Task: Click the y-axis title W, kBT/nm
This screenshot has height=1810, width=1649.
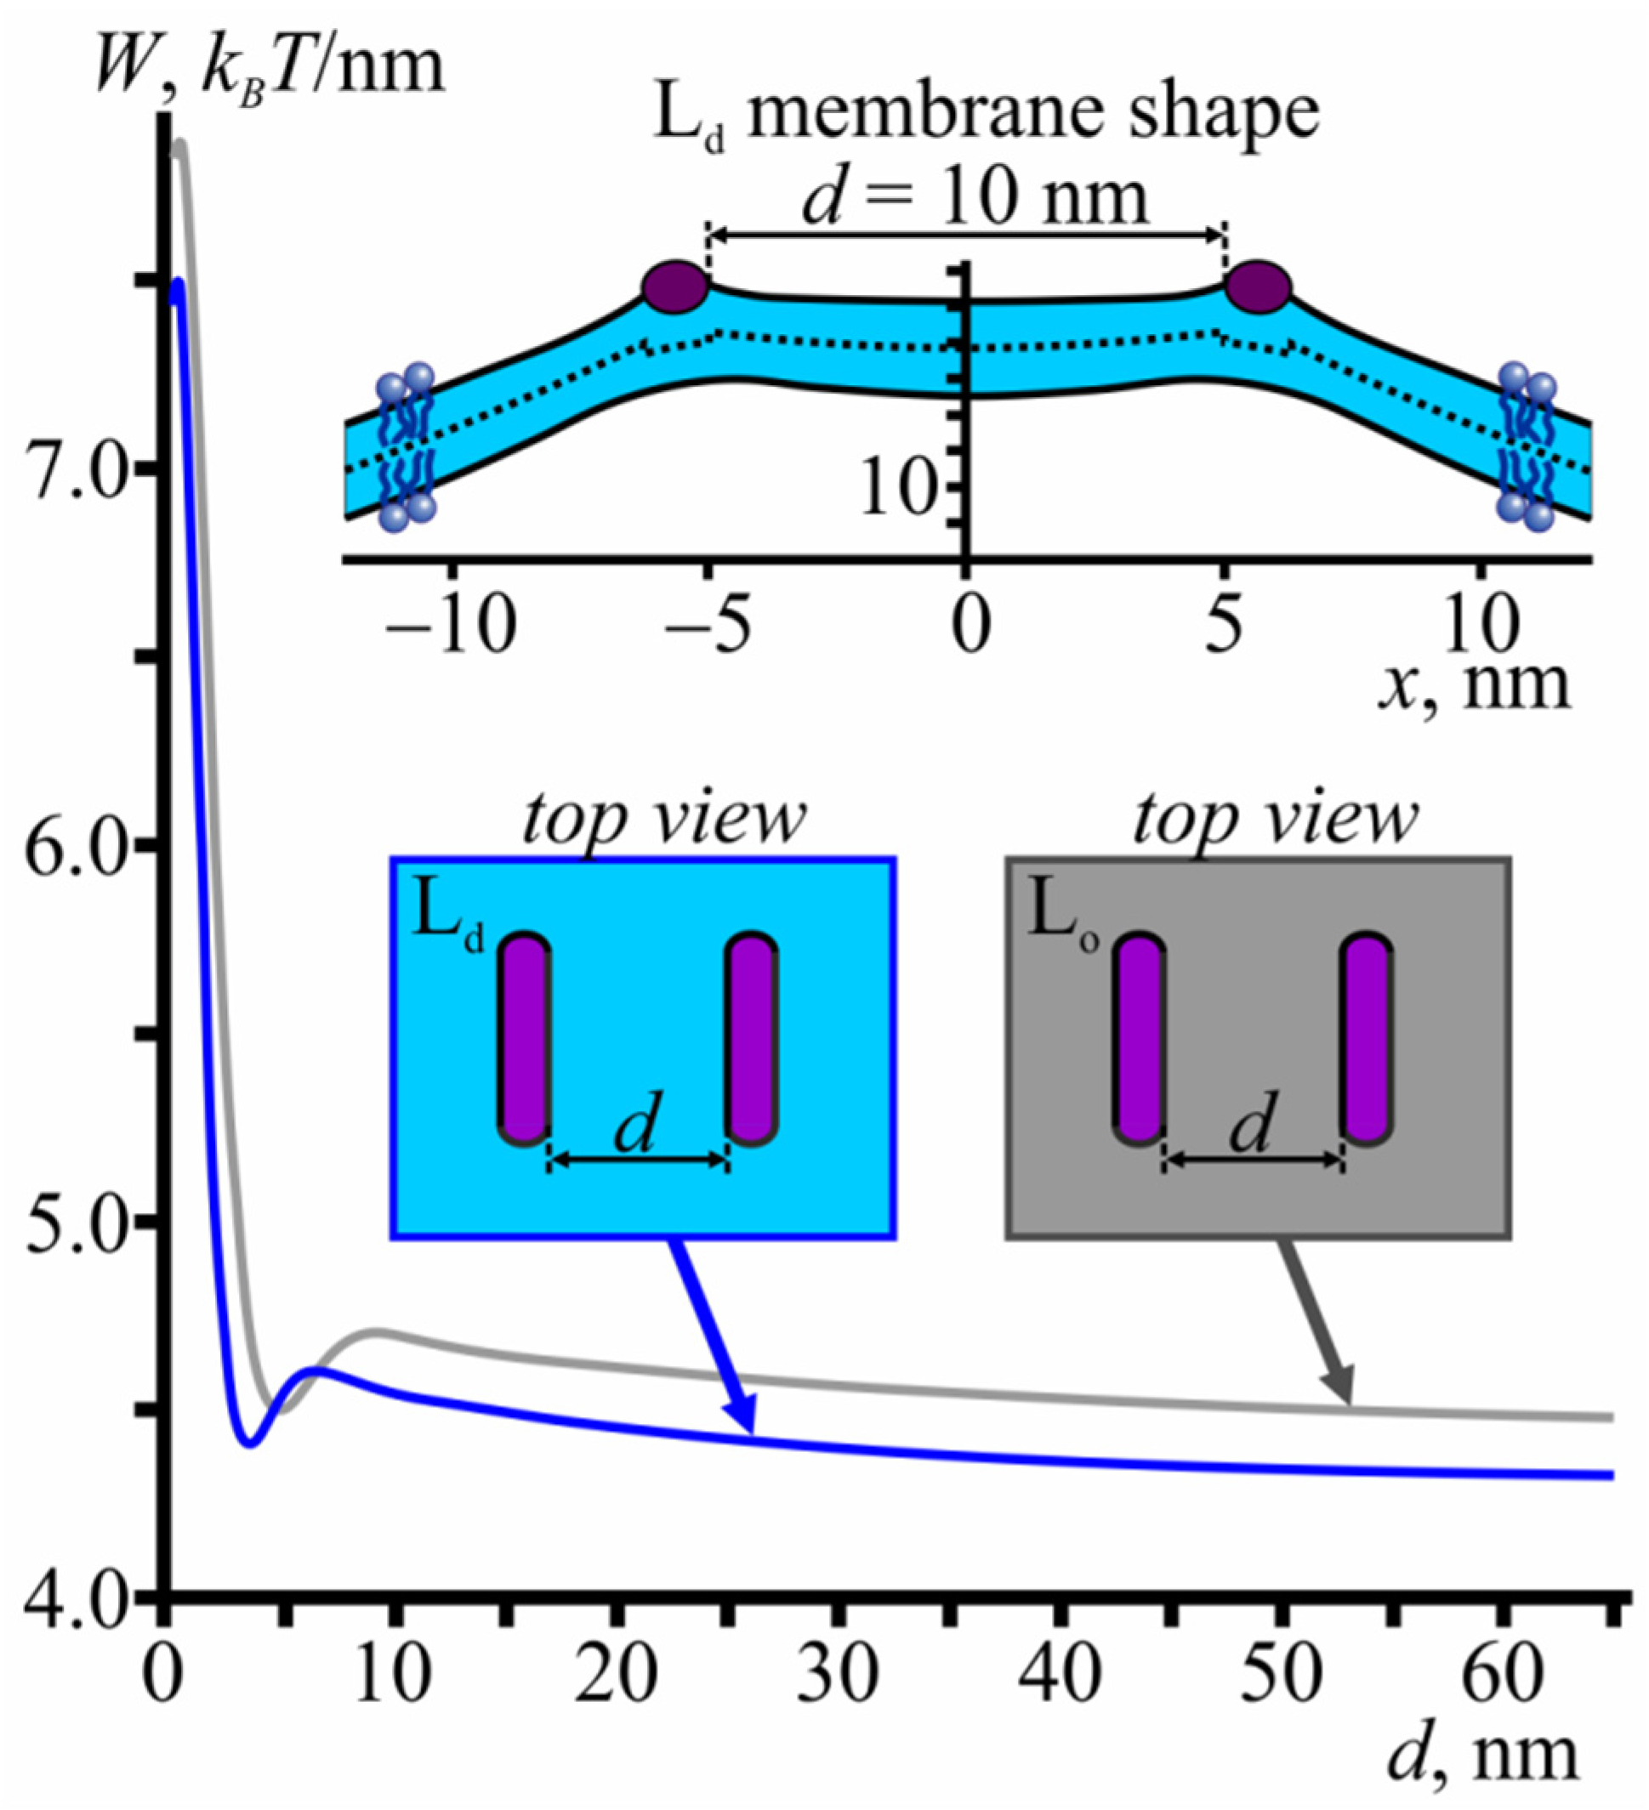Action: [x=270, y=68]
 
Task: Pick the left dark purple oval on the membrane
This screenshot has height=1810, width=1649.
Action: [x=675, y=287]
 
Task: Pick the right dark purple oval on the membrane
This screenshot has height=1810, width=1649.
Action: [x=1259, y=287]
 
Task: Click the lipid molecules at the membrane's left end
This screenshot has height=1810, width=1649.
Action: [x=406, y=446]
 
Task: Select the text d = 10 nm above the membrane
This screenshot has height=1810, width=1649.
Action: [x=975, y=198]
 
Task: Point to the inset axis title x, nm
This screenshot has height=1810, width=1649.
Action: [x=1473, y=685]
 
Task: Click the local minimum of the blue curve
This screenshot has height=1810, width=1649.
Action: [x=251, y=1443]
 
